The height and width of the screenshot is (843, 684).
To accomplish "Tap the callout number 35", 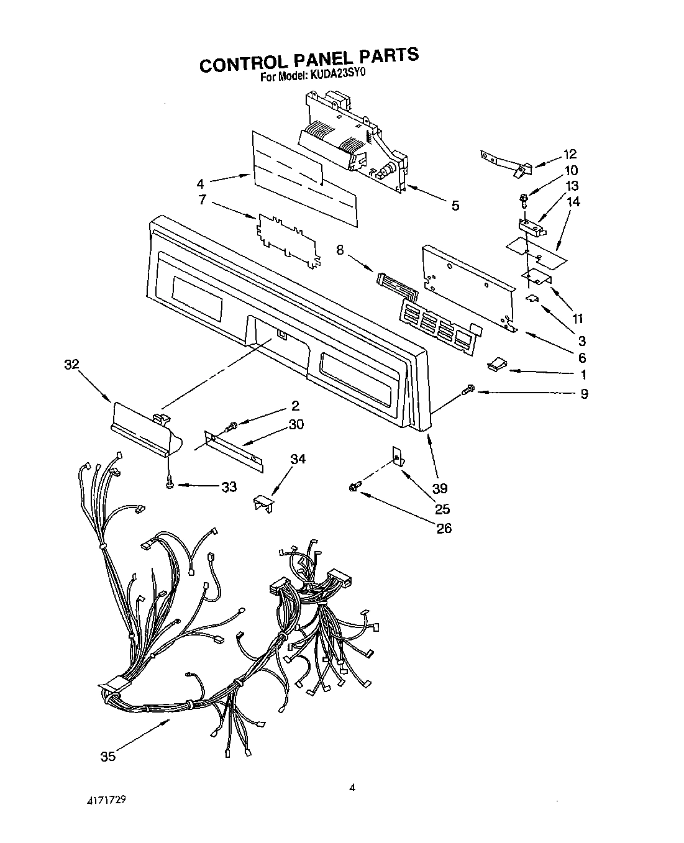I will tap(108, 757).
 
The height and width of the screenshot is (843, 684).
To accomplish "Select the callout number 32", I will tap(72, 365).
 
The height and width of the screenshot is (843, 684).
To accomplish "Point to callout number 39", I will tap(440, 488).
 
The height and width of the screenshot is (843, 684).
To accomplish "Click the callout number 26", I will tap(444, 528).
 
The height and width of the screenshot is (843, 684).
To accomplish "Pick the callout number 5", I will tap(455, 206).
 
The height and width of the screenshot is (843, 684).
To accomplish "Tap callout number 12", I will tap(570, 154).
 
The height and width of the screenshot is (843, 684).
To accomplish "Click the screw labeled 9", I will tap(467, 390).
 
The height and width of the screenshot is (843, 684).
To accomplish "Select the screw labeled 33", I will tap(168, 486).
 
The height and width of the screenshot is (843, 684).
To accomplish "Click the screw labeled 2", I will tap(232, 426).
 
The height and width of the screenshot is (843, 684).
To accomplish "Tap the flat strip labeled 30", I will tap(234, 450).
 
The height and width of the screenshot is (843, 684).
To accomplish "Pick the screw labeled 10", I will tap(523, 200).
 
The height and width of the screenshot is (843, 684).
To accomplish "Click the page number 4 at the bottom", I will tap(352, 788).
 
